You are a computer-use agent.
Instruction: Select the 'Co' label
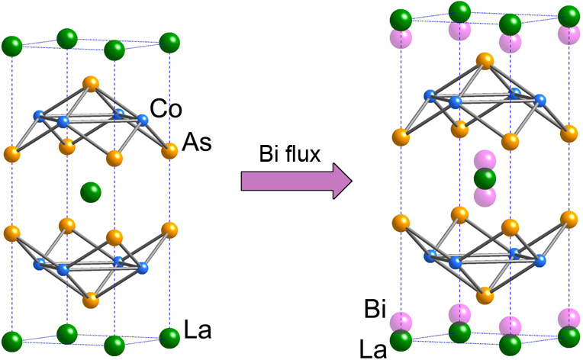pos(166,109)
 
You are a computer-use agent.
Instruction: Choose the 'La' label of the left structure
pos(197,332)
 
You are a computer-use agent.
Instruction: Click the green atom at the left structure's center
pos(91,190)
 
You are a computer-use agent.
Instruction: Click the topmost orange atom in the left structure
pos(91,83)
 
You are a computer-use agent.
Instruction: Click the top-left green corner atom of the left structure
pos(12,47)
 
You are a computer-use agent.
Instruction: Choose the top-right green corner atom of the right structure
pos(567,16)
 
